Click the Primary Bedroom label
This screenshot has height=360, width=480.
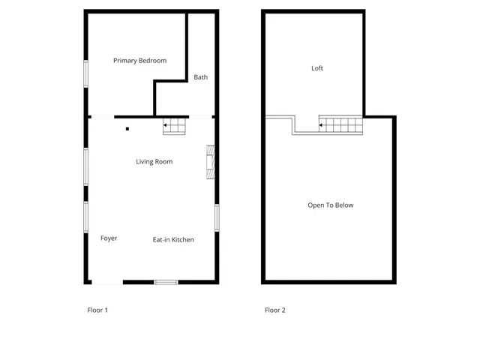coord(139,61)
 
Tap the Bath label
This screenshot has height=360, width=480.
coord(201,77)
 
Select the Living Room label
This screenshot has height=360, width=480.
coord(154,161)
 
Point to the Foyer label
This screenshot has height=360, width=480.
coord(109,238)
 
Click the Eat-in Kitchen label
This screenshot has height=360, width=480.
coord(173,240)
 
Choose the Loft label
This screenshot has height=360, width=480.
coord(317,68)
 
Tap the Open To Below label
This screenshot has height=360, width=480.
coord(330,205)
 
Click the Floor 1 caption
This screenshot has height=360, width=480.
coord(98,310)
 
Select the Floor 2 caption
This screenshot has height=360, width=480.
coord(275,310)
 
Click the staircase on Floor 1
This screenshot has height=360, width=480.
coord(175,127)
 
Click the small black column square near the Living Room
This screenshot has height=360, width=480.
coord(127,129)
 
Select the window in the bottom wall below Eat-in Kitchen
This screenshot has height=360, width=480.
coord(166,282)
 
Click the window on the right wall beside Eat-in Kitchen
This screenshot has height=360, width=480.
coord(216,217)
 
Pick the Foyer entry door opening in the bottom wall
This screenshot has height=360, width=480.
coord(107,282)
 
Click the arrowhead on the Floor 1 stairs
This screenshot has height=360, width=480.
coord(165,125)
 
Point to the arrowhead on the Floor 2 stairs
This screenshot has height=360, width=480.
coord(321,125)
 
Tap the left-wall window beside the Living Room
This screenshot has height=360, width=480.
coord(86,166)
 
